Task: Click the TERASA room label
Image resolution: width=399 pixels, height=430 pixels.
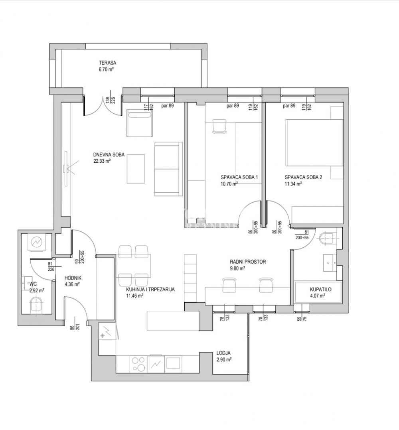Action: tap(107, 63)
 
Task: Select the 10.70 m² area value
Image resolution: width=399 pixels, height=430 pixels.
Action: tap(229, 184)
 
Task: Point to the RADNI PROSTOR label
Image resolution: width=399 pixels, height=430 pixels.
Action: tap(247, 262)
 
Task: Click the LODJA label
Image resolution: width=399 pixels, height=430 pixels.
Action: tap(223, 353)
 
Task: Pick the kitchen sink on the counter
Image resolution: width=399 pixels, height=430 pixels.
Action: tap(174, 363)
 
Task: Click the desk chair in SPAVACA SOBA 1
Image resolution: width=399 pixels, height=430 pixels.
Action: tap(219, 126)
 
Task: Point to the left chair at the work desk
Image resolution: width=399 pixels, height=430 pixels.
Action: tap(229, 285)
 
